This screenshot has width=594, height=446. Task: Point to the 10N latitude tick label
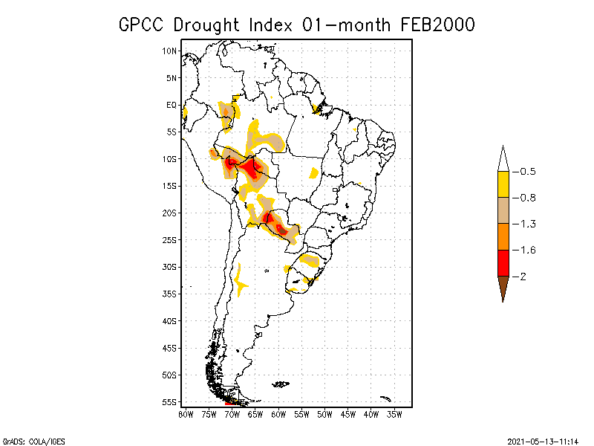coord(170,51)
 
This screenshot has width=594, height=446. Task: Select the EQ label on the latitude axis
coord(172,105)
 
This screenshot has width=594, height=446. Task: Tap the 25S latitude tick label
coord(170,239)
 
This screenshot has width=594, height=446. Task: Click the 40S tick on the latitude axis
coord(170,320)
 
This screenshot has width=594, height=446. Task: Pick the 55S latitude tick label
coord(170,401)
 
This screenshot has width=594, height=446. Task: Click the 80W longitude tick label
coord(186,414)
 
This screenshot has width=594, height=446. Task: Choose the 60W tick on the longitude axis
coord(278,414)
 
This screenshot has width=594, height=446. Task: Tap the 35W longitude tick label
coord(394,414)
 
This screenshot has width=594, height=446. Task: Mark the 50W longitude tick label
coord(324,414)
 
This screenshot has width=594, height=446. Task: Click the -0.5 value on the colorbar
coord(527,172)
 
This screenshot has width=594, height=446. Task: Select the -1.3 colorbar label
coord(527,224)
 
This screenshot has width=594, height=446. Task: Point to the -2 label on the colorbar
coord(523,276)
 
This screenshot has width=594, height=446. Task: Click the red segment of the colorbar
coord(503,262)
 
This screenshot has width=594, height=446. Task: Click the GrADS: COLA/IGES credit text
coord(33,440)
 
